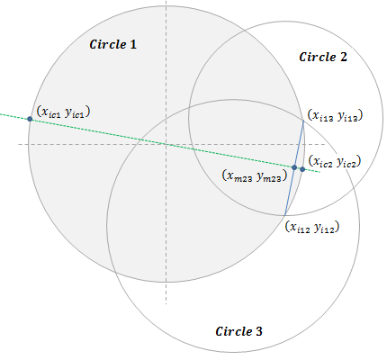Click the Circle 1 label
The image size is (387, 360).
pos(113,44)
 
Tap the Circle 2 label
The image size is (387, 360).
pos(323,57)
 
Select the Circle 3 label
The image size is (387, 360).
pos(238,331)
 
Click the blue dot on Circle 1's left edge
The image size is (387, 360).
pos(30,119)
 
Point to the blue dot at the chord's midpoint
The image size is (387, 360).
pos(294,167)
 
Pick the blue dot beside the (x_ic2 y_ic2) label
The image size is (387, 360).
pos(302,169)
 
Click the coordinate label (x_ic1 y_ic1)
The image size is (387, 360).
pos(63,112)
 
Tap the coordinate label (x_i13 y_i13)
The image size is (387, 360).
pos(335,115)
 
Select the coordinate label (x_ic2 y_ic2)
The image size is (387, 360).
pos(335,162)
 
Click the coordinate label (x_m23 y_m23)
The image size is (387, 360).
pos(255,175)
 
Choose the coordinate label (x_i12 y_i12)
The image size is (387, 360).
pos(312,227)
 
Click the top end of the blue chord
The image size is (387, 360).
pos(303,121)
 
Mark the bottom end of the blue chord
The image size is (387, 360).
pos(285,215)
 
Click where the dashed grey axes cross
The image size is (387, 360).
pos(166,144)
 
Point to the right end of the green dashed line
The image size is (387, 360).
pos(319,172)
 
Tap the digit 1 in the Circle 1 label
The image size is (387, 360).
pos(133,44)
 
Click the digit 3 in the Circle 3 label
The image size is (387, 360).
pos(259,331)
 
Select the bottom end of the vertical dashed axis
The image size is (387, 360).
pos(166,304)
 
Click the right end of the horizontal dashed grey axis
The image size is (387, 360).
pos(325,144)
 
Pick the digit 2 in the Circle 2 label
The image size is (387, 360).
pos(344,57)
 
